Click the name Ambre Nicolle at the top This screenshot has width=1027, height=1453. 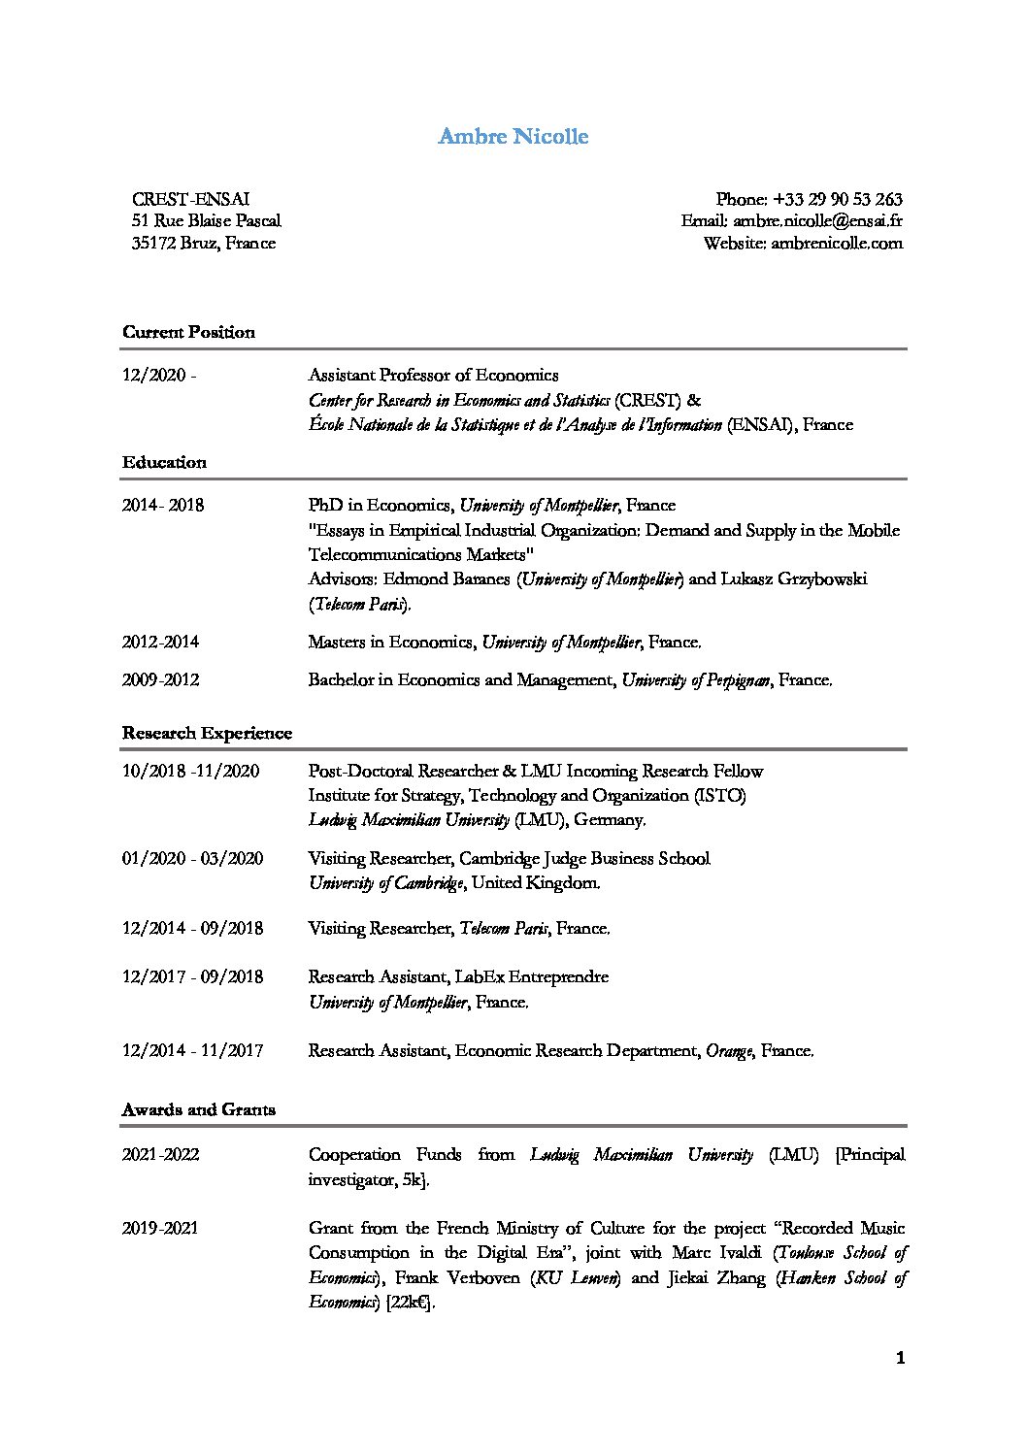(x=513, y=136)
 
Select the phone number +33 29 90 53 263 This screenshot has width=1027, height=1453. (x=838, y=199)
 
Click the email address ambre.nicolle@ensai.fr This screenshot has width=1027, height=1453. (x=817, y=221)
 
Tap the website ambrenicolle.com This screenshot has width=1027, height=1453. (x=836, y=243)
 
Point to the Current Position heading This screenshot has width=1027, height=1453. (x=188, y=332)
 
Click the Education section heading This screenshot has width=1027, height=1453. (x=164, y=462)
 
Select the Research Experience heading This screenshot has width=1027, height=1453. (x=207, y=733)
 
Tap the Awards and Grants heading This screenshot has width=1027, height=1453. (x=198, y=1109)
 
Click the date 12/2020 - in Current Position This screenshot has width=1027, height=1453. (x=159, y=375)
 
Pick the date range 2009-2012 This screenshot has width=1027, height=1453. (x=160, y=679)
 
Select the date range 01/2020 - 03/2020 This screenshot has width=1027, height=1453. (x=192, y=858)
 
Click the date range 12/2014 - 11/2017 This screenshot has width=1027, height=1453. (x=192, y=1050)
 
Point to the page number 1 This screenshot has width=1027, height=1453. (x=900, y=1359)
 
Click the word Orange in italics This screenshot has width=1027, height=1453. (x=729, y=1050)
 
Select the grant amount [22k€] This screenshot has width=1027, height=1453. (x=409, y=1303)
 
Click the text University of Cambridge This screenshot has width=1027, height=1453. (x=385, y=883)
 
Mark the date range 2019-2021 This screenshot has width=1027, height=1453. (x=160, y=1228)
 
